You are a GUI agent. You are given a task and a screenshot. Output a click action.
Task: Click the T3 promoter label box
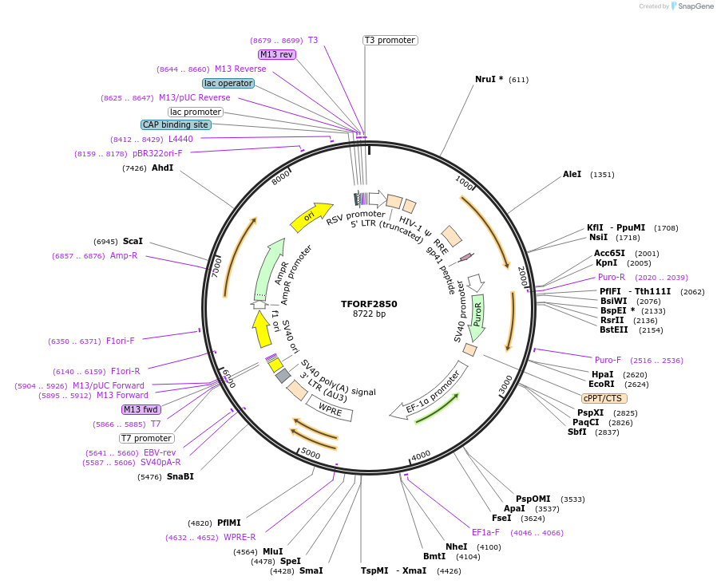(x=390, y=40)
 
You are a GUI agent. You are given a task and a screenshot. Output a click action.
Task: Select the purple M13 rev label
(x=277, y=54)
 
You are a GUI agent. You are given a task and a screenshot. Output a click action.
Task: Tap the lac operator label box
(x=228, y=83)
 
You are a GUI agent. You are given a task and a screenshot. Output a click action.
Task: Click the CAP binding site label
(x=176, y=124)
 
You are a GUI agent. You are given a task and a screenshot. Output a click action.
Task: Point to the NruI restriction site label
(x=489, y=79)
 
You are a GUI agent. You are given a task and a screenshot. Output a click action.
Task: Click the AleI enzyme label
(x=572, y=174)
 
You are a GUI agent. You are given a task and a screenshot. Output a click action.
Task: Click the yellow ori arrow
(x=310, y=216)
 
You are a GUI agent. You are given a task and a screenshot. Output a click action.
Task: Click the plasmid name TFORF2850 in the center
(x=369, y=304)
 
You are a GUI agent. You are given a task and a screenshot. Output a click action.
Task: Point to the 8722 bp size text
(x=369, y=314)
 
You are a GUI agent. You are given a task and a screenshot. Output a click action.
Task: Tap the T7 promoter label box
(x=147, y=438)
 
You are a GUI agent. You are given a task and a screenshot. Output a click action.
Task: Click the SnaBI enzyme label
(x=180, y=476)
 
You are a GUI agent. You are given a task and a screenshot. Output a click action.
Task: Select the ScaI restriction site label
(x=133, y=241)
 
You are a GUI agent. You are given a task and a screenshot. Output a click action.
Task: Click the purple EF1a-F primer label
(x=485, y=532)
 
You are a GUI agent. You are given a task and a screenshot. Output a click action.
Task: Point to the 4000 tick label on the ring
(x=421, y=456)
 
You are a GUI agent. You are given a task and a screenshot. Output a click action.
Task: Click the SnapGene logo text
(x=695, y=6)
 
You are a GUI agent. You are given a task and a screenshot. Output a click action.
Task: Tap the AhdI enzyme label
(x=162, y=168)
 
